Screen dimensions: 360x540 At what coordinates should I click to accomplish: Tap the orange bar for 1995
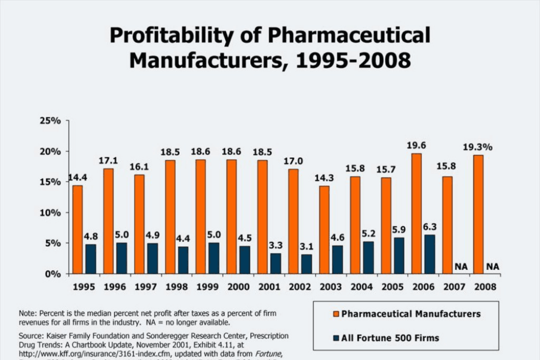77,229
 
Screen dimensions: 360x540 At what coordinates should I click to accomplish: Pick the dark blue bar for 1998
183,260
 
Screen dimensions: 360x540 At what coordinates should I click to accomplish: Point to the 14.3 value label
324,178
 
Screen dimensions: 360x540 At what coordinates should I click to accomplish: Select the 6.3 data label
429,226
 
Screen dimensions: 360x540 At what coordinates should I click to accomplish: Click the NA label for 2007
460,267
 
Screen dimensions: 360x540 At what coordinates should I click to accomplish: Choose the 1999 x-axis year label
207,287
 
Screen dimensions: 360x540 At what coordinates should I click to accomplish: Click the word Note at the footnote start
27,313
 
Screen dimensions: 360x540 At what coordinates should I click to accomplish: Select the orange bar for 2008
478,214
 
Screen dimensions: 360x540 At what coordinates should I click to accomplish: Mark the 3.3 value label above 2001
275,245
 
